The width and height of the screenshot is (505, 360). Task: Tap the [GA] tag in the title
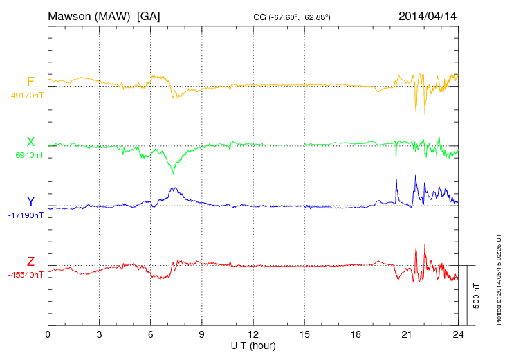click(x=149, y=16)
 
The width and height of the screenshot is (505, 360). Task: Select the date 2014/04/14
click(x=428, y=16)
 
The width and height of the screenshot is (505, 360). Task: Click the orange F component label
click(x=30, y=82)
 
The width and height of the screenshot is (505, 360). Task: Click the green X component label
click(x=30, y=142)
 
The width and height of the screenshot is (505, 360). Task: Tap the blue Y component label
click(x=30, y=201)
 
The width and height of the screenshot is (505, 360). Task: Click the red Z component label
click(x=30, y=261)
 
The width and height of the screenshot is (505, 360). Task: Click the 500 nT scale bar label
click(x=477, y=296)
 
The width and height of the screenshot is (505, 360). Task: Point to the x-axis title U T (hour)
click(x=253, y=345)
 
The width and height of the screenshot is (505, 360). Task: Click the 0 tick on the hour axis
click(x=48, y=334)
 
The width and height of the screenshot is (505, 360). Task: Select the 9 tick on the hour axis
click(x=202, y=334)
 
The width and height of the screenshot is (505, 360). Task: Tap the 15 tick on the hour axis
click(x=304, y=334)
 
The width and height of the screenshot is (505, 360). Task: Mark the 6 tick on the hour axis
click(x=151, y=334)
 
